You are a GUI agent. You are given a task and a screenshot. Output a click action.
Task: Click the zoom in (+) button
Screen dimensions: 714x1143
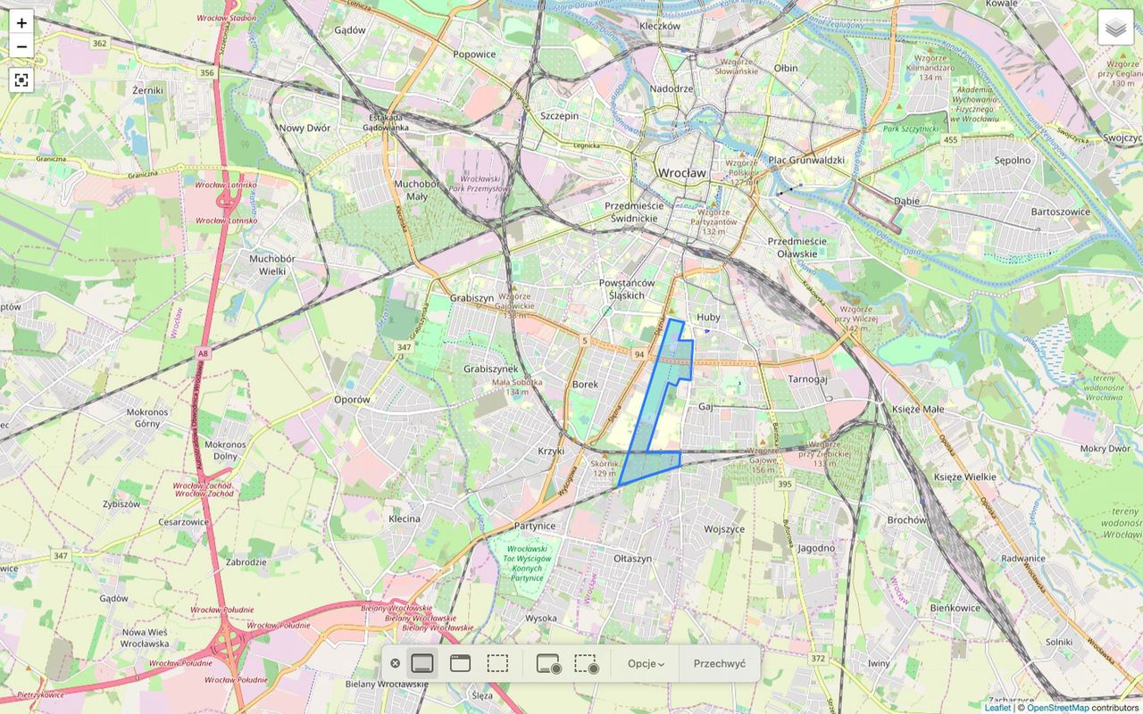coord(21,23)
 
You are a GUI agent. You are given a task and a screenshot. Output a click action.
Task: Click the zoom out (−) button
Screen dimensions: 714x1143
coord(21,47)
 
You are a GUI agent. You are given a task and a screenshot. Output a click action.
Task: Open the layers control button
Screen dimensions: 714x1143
coord(1115,28)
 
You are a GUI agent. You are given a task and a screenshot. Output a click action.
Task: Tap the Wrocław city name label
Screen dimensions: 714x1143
coord(680,172)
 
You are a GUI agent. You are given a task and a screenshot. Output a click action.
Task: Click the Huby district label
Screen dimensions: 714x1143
coord(708,317)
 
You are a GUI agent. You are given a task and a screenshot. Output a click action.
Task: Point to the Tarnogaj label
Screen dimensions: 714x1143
coord(807,378)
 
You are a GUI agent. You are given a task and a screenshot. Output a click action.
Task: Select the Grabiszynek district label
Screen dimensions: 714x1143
coord(490,369)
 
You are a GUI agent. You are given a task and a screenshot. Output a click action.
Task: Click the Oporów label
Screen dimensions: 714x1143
coord(352,399)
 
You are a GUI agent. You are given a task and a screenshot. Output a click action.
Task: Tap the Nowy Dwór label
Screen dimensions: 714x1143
coord(305,128)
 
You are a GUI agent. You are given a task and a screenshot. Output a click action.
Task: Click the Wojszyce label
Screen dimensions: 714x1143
coord(723,528)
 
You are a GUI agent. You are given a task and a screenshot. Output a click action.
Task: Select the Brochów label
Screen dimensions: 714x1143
coord(907,519)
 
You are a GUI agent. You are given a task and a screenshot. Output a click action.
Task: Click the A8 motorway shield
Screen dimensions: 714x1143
coord(204,354)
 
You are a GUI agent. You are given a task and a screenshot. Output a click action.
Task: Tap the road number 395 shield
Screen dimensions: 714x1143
coord(784,484)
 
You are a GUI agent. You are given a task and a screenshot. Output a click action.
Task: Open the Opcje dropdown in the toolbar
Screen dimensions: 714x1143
coord(646,663)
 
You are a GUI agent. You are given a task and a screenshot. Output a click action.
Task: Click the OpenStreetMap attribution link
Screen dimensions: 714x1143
coord(1057,708)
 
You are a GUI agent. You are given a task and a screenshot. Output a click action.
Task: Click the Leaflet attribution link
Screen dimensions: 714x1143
coord(997,708)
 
